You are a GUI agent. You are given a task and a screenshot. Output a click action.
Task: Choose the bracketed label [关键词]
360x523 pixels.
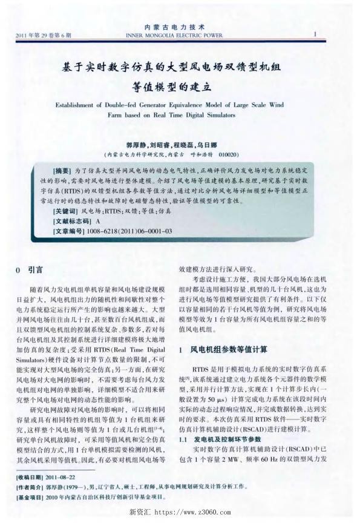(65, 211)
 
